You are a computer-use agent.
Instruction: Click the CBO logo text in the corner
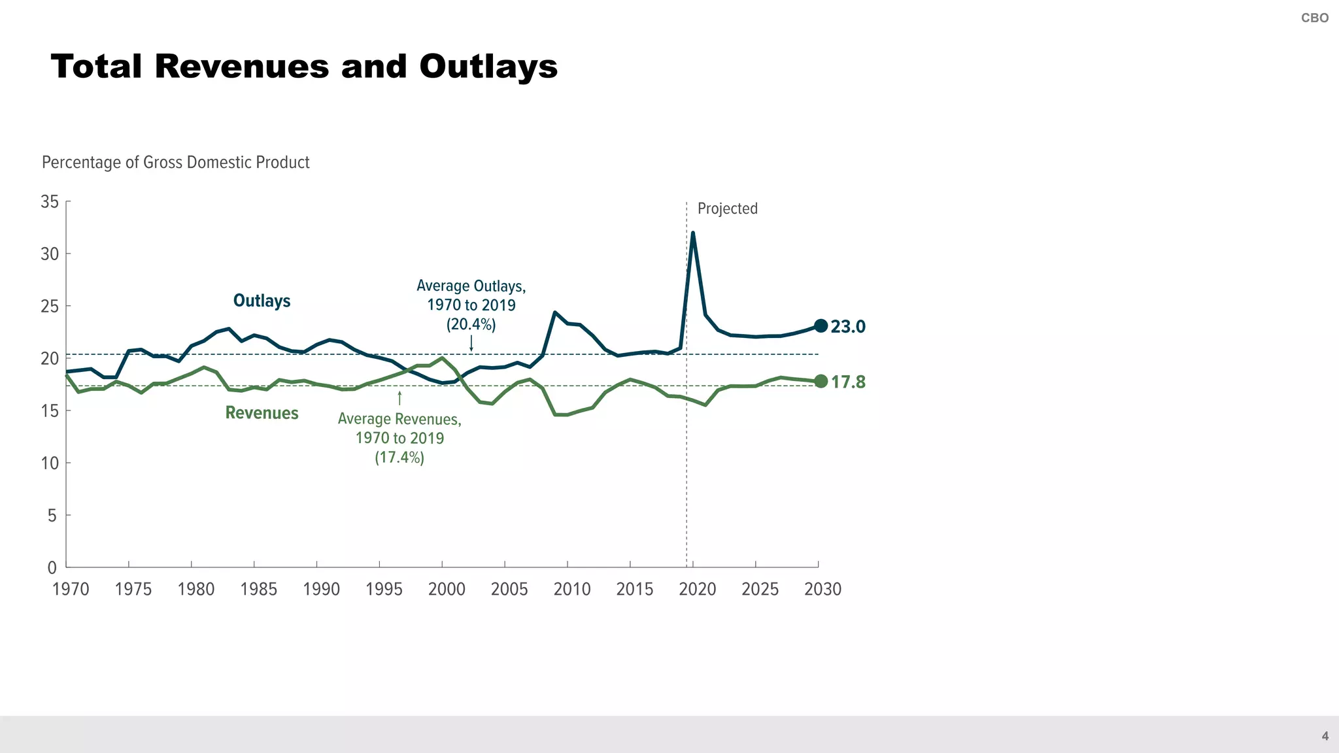click(1314, 18)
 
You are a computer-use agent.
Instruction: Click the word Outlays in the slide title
click(488, 67)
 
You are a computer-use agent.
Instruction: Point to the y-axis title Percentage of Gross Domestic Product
click(175, 162)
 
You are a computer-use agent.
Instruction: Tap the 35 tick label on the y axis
click(50, 201)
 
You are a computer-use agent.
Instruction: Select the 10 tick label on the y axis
click(50, 463)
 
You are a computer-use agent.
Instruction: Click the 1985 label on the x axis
click(258, 589)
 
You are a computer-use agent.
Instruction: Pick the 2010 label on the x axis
click(571, 589)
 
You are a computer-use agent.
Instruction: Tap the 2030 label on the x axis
click(822, 589)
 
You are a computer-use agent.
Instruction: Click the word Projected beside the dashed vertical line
click(727, 209)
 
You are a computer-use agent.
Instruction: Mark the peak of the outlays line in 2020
click(692, 233)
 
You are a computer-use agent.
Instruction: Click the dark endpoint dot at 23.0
click(821, 326)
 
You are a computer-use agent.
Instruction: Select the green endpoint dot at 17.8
click(821, 381)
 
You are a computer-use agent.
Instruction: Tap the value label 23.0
click(848, 326)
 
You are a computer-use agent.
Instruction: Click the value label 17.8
click(848, 382)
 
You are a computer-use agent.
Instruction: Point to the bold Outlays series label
click(262, 301)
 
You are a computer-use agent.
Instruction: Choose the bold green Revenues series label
click(262, 413)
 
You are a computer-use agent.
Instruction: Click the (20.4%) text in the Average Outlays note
click(471, 324)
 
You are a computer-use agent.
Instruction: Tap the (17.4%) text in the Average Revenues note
click(399, 457)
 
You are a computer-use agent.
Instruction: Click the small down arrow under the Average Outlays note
click(471, 343)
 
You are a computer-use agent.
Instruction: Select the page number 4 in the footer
click(1325, 736)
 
